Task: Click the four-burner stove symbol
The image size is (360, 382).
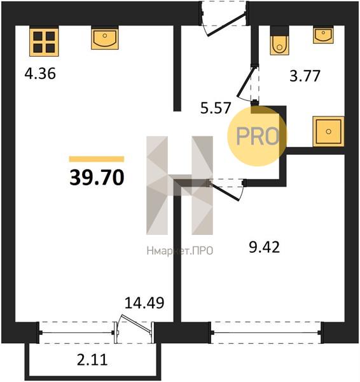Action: (x=44, y=42)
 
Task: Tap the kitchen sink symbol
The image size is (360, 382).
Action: (x=105, y=39)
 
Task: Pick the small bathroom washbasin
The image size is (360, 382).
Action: (x=323, y=35)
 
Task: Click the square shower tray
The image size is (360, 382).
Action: (x=328, y=132)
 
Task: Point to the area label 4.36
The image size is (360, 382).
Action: (x=40, y=74)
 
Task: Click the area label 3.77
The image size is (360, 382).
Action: (x=305, y=76)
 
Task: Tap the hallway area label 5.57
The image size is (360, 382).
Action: (x=216, y=108)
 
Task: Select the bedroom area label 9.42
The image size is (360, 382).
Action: (x=265, y=247)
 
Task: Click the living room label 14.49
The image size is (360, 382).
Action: (x=144, y=302)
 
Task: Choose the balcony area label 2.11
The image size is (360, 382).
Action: (x=92, y=360)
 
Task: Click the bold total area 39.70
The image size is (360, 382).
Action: (x=97, y=178)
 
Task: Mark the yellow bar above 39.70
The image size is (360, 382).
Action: (x=97, y=159)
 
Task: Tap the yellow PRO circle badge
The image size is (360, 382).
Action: (x=257, y=136)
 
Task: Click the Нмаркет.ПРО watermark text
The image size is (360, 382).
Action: (x=180, y=251)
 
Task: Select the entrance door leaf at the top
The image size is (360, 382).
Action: (x=226, y=24)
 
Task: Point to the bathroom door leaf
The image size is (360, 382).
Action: (x=246, y=81)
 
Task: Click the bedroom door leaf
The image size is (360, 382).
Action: (x=224, y=191)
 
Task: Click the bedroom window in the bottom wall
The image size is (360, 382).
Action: (x=266, y=332)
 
